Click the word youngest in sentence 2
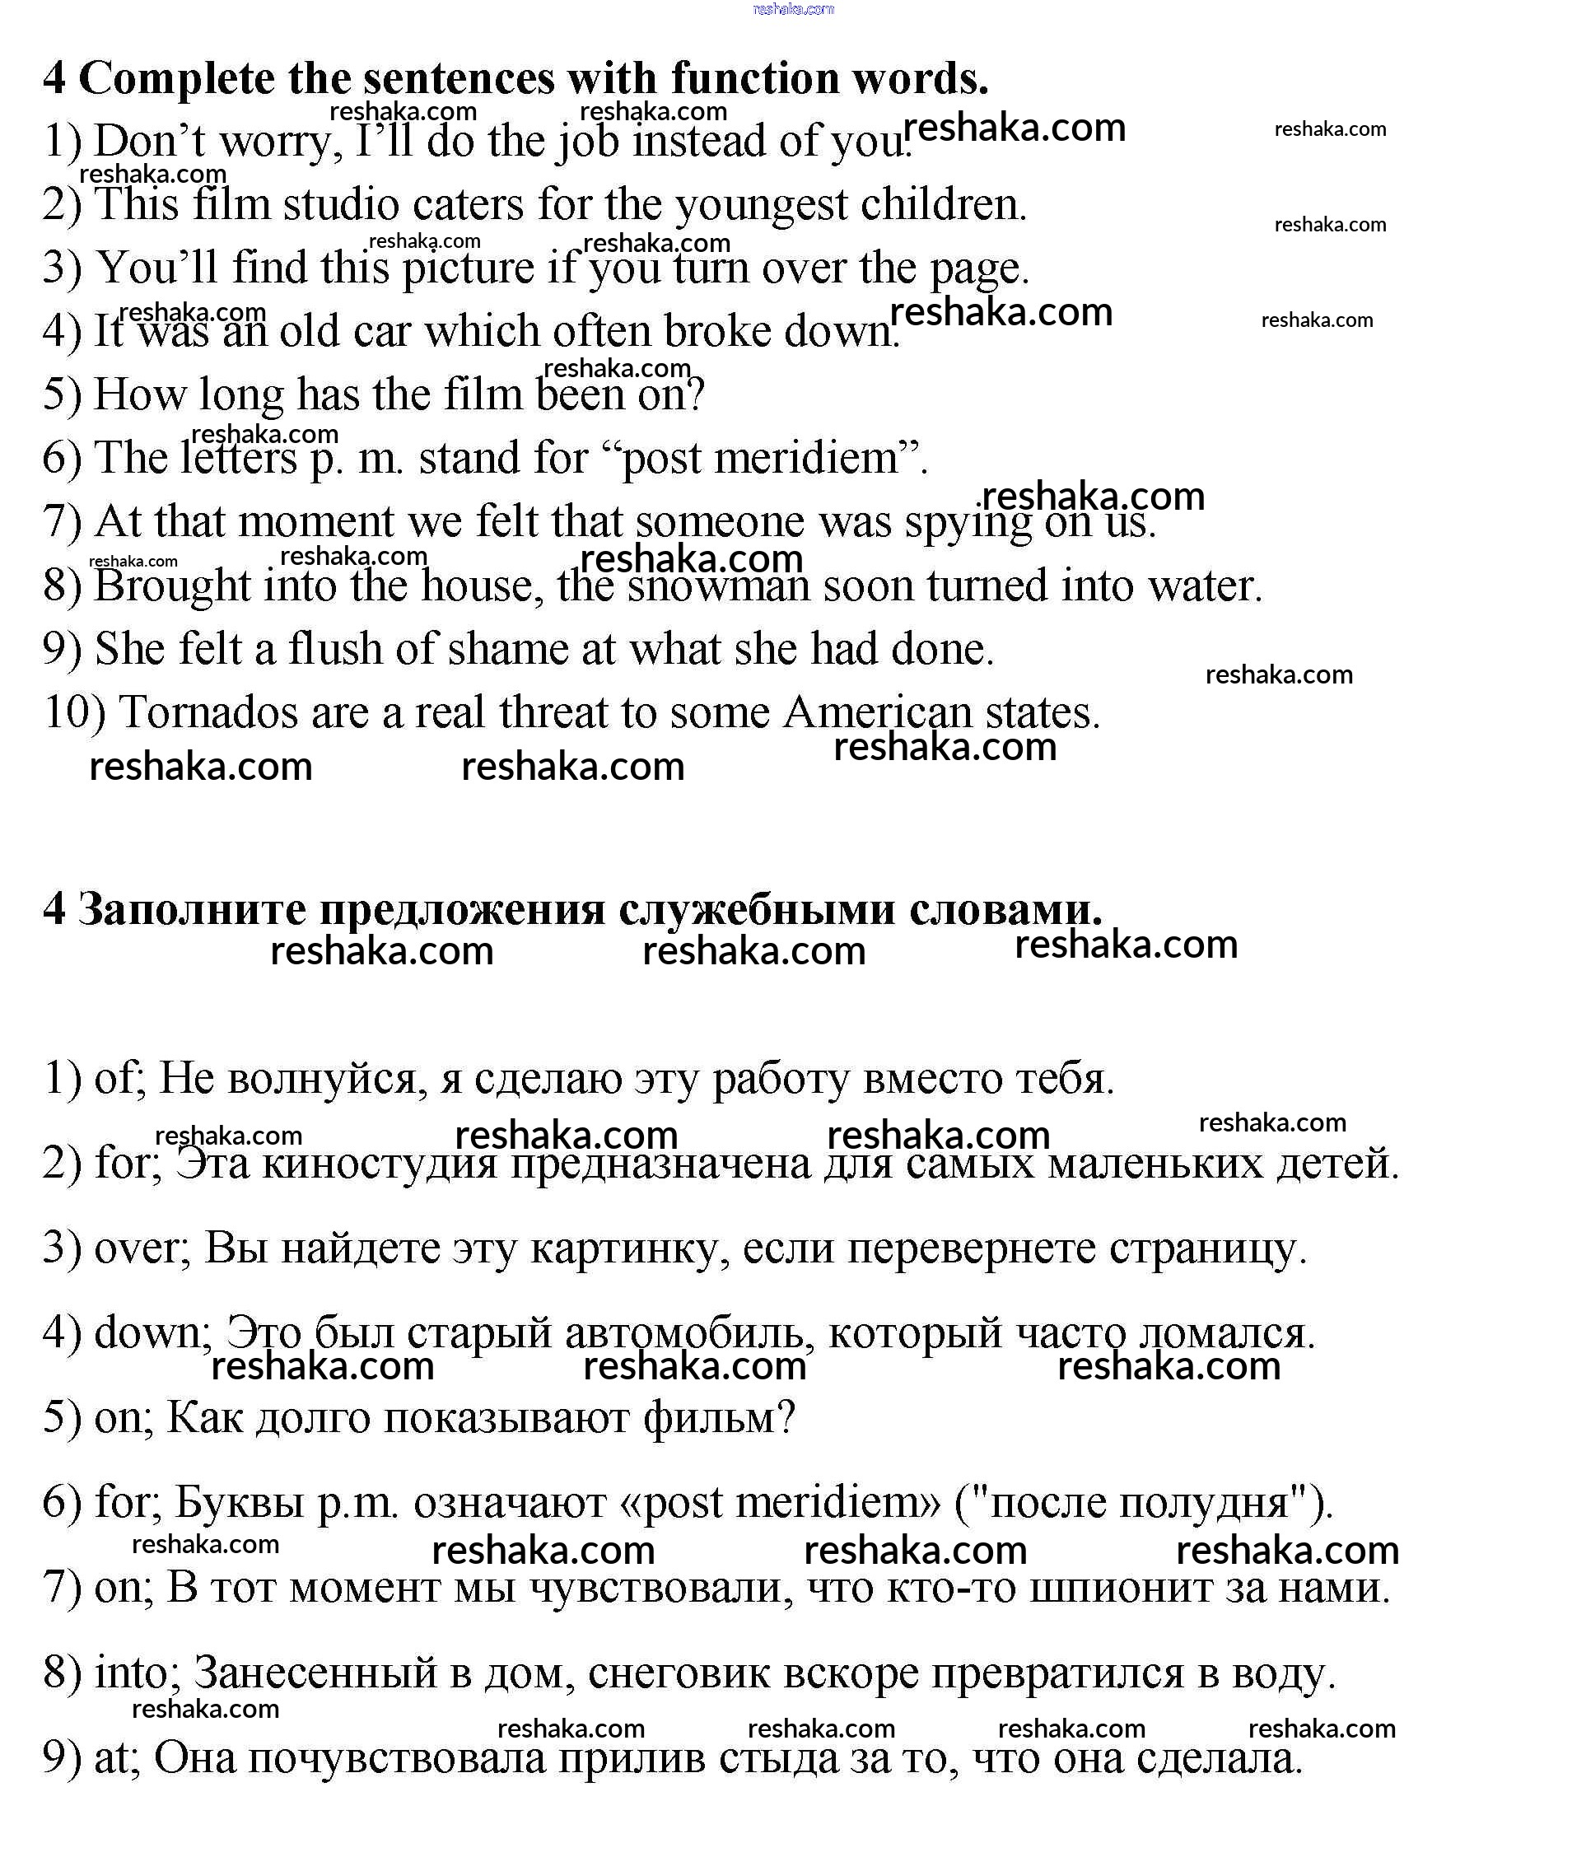tap(761, 204)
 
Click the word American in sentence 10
tap(877, 713)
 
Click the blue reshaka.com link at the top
tap(793, 9)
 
